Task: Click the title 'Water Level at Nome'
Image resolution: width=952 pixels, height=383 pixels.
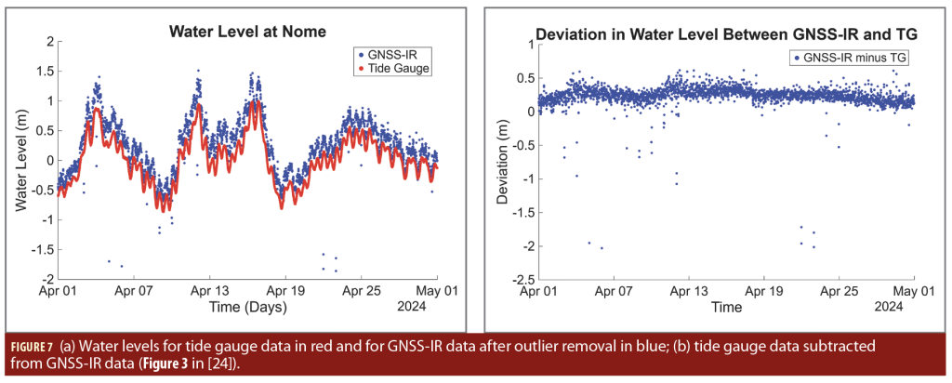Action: tap(246, 31)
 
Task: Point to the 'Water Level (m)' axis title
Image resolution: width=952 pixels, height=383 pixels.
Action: tap(21, 160)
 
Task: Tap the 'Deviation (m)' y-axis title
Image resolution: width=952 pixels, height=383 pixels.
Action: tap(505, 162)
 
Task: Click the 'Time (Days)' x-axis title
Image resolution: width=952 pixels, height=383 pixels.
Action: tap(246, 305)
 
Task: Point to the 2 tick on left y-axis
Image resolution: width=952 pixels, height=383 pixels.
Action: tap(46, 42)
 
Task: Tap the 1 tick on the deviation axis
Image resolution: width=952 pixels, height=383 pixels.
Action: tap(526, 44)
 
